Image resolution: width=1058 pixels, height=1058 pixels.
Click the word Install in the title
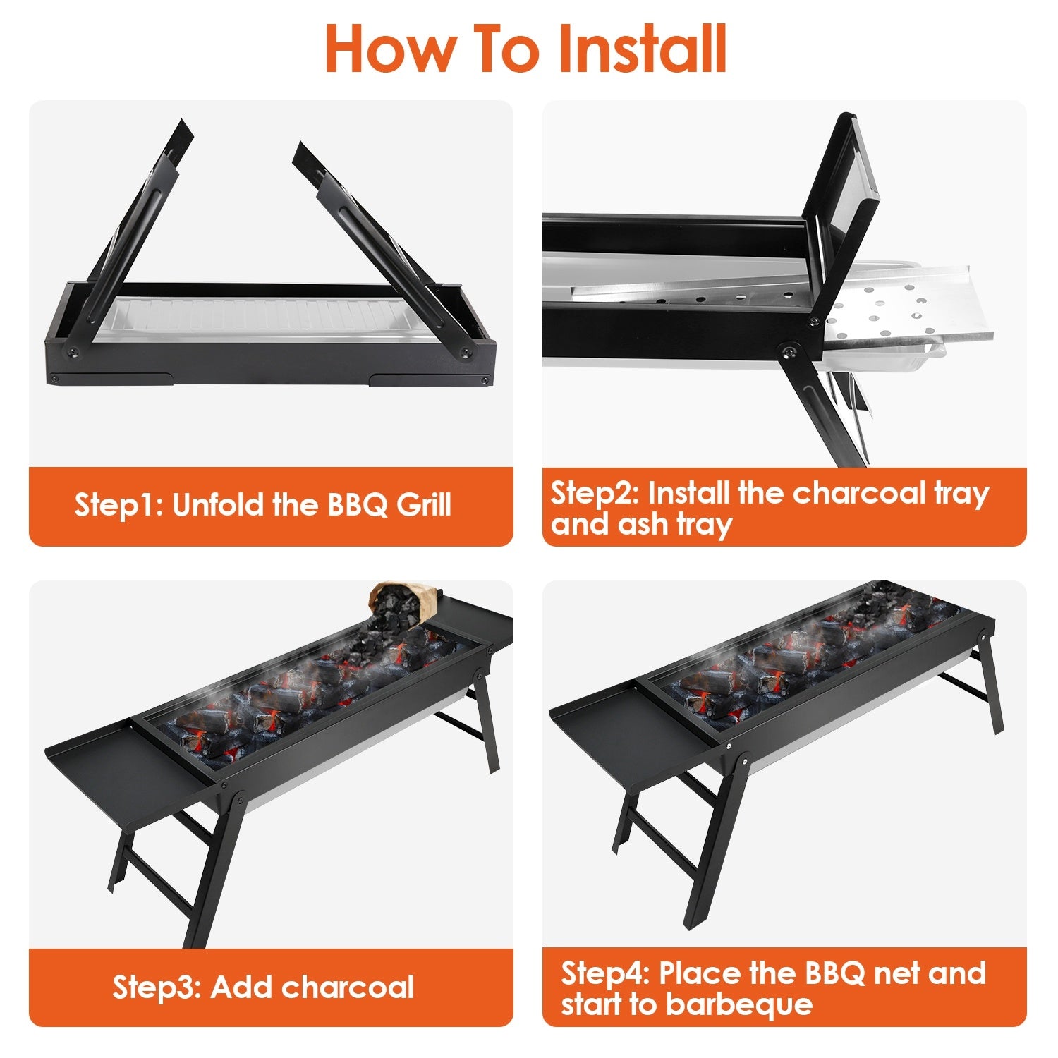(x=641, y=49)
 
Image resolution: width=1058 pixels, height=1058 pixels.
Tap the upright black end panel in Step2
(x=843, y=212)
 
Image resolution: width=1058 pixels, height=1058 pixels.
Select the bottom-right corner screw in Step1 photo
(x=485, y=380)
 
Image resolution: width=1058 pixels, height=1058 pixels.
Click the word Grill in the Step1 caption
(x=423, y=505)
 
